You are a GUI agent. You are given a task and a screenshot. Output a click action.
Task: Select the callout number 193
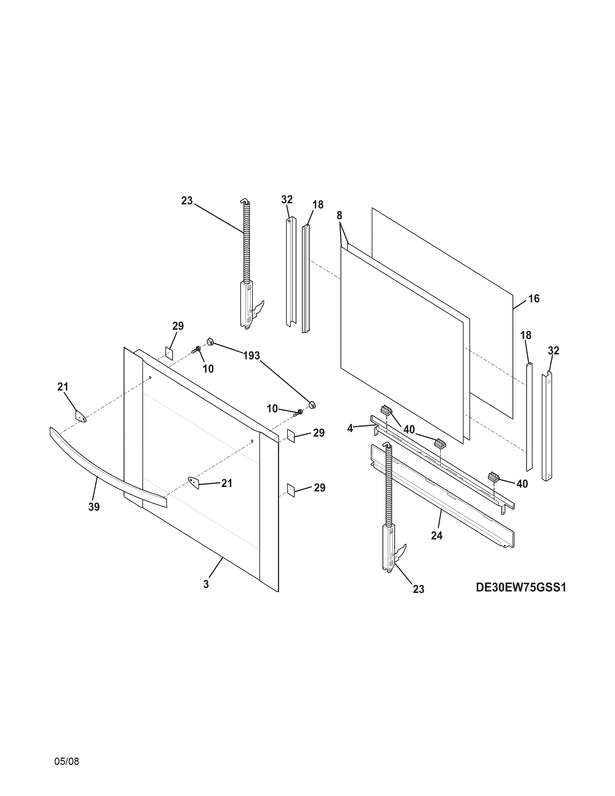(x=251, y=356)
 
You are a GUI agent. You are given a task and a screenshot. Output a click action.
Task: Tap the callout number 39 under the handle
(x=94, y=507)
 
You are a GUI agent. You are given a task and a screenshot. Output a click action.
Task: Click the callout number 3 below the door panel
(x=206, y=584)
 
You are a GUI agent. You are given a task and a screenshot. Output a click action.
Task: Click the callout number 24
(x=437, y=536)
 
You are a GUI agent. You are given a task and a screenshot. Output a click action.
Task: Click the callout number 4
(x=350, y=429)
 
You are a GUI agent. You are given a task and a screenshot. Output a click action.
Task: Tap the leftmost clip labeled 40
(x=386, y=410)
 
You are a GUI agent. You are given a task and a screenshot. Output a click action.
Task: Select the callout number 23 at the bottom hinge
(x=419, y=589)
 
